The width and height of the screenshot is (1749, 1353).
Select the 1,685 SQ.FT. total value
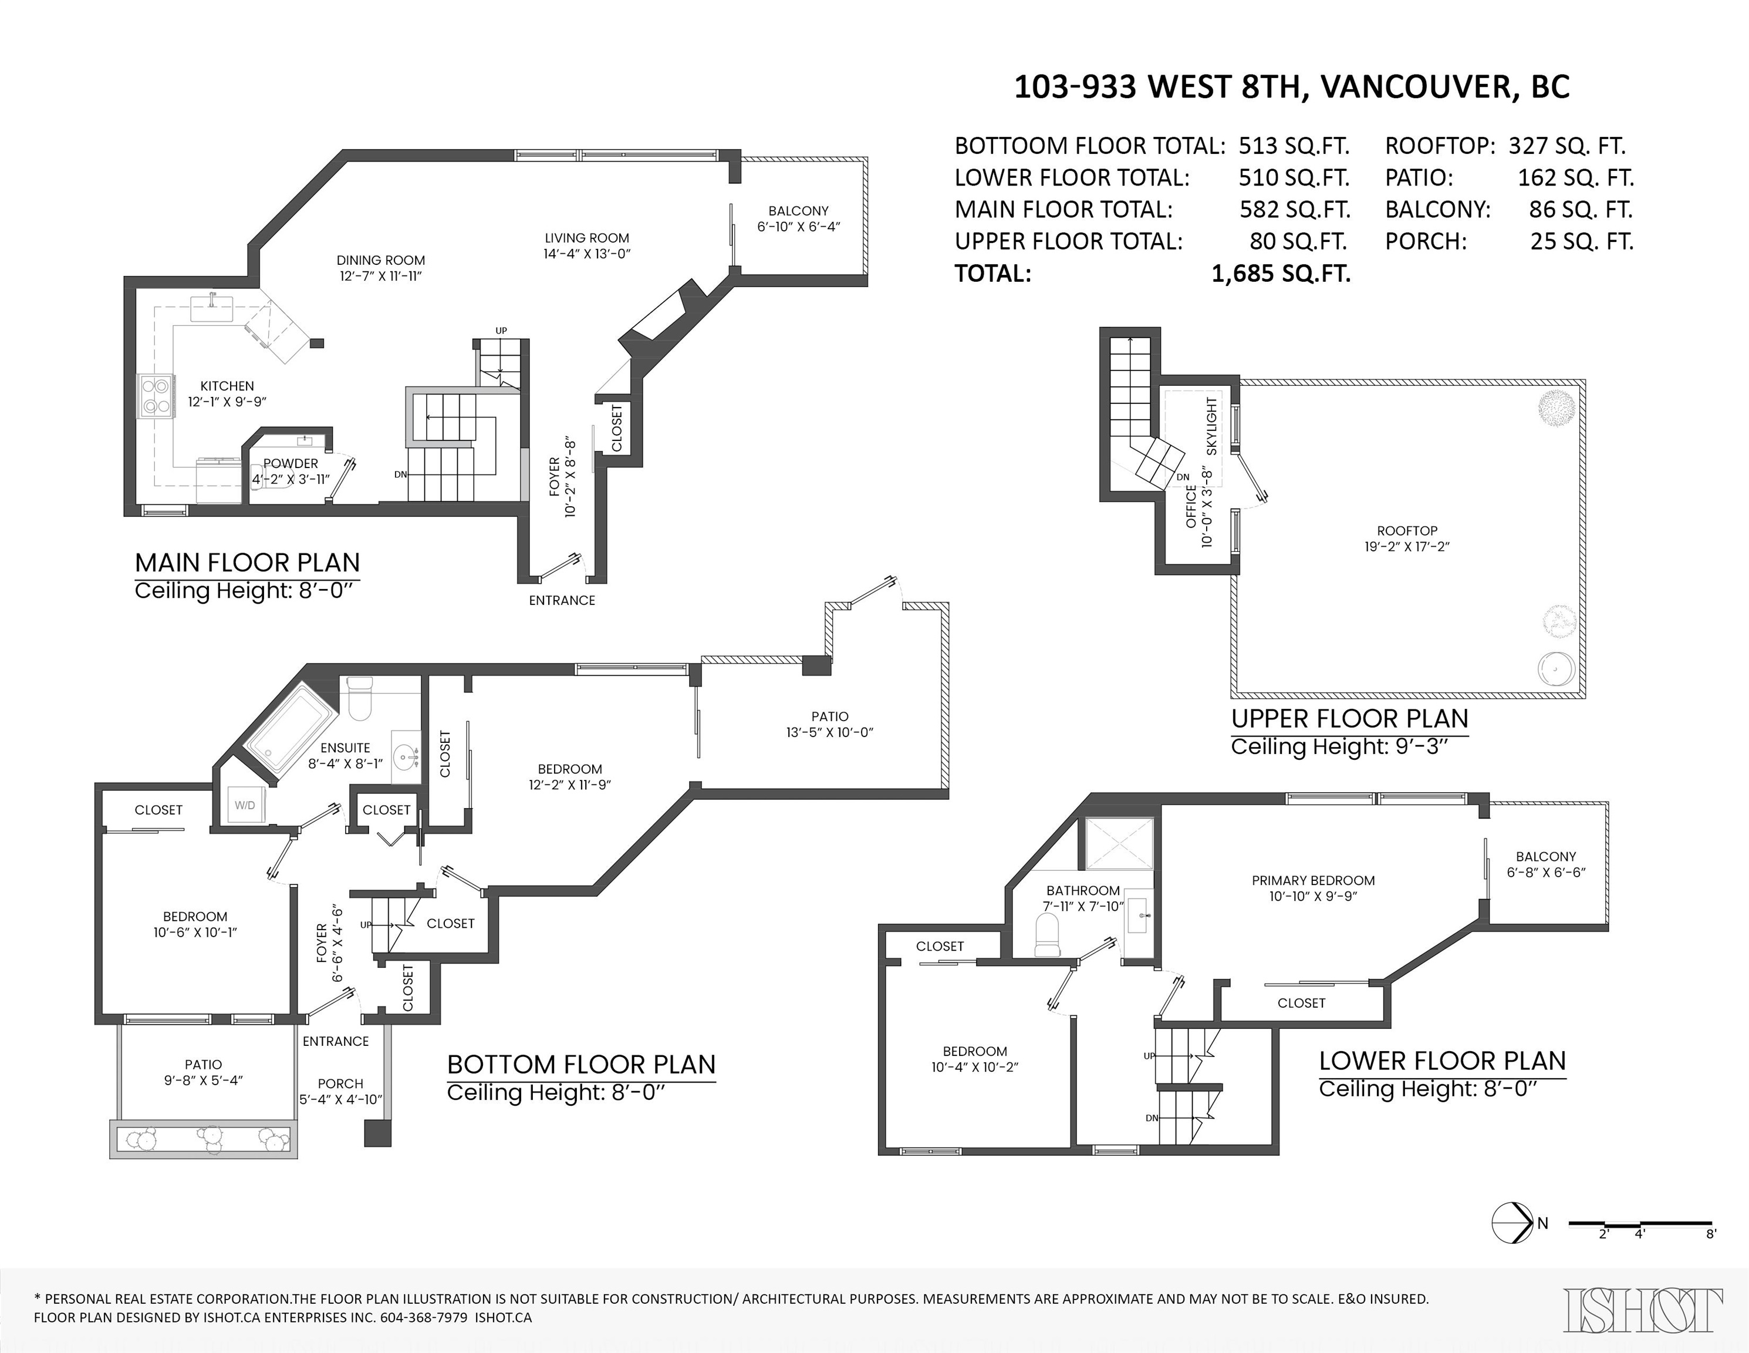pos(1281,274)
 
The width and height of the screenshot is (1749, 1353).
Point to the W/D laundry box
pos(245,805)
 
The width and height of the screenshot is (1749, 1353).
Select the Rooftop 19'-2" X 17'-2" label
pos(1407,538)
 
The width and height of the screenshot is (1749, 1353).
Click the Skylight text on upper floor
pos(1211,426)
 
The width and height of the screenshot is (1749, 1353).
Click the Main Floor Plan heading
pos(248,563)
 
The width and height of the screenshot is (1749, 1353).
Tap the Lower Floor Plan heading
pos(1442,1061)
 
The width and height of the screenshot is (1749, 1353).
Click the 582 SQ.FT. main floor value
pos(1295,210)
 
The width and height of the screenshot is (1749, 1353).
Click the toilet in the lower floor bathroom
pos(1048,935)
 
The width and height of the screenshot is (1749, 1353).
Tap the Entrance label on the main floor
pos(562,600)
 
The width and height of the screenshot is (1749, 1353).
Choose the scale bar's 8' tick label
pos(1711,1256)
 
